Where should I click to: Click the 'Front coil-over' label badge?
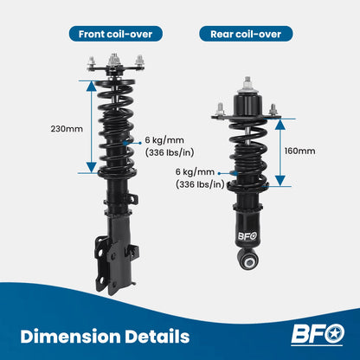click(x=116, y=34)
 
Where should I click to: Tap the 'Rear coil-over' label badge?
click(x=246, y=34)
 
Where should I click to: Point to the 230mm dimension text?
click(x=67, y=129)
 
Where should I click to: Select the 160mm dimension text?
click(x=299, y=151)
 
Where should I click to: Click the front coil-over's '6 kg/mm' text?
click(x=164, y=140)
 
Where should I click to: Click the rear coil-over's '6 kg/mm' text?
click(x=195, y=172)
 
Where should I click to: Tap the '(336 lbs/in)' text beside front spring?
click(x=170, y=152)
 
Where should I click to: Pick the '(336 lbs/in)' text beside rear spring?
click(x=200, y=184)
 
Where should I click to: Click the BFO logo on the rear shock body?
click(x=247, y=236)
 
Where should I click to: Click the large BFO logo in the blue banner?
click(x=318, y=335)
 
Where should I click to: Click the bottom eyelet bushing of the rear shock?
click(x=248, y=261)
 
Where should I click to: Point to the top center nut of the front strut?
click(x=113, y=61)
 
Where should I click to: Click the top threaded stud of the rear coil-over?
click(x=247, y=82)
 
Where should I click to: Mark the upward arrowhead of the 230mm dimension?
click(x=92, y=86)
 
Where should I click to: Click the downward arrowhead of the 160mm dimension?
click(x=280, y=181)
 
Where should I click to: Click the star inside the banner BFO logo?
click(x=334, y=334)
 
